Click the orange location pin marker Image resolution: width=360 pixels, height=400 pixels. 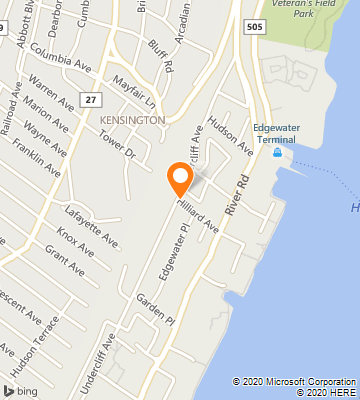tap(180, 178)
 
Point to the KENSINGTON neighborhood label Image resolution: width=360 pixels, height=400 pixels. tap(132, 120)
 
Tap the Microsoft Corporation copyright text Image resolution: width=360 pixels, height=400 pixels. tap(295, 381)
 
